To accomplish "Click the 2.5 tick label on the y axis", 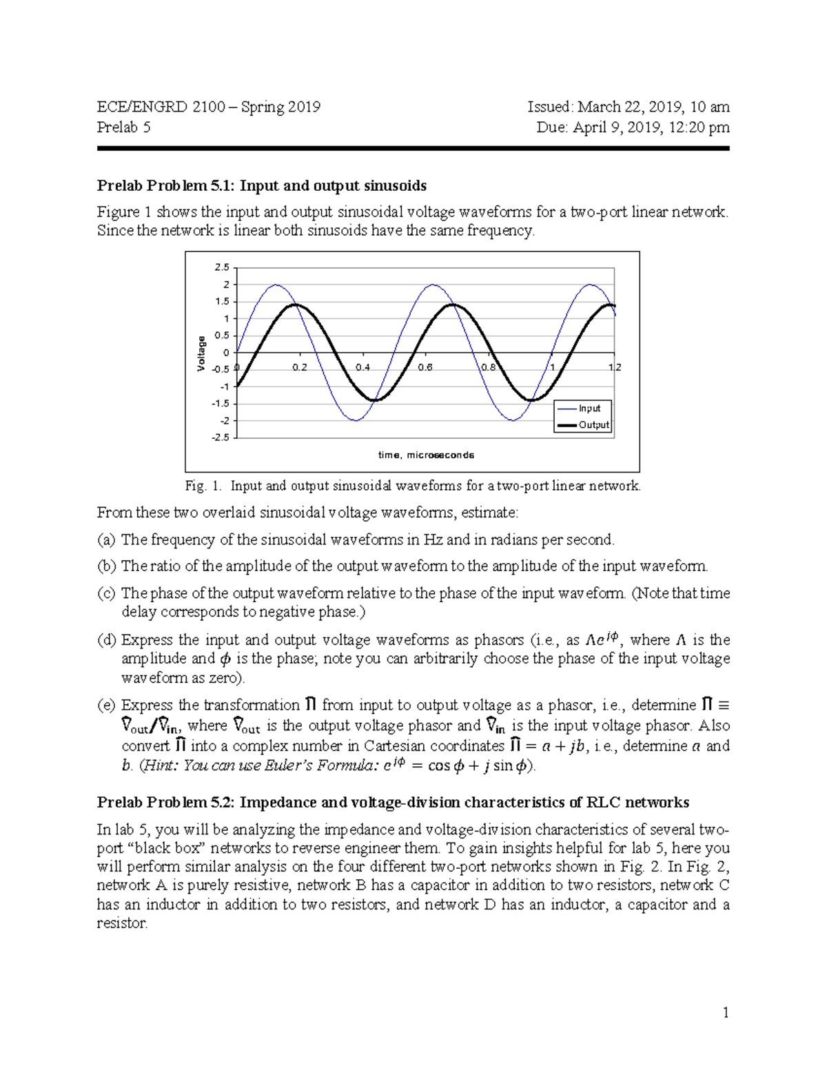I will tap(222, 267).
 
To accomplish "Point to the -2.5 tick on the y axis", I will tap(221, 438).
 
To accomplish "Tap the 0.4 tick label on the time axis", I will tap(363, 367).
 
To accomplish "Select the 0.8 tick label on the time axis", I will tap(488, 367).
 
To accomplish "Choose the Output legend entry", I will tap(593, 425).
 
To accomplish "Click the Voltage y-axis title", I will tap(201, 353).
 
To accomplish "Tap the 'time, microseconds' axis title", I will tap(426, 455).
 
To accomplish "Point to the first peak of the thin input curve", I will tap(276, 285).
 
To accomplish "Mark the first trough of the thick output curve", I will tap(374, 400).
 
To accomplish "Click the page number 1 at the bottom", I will tap(725, 1012).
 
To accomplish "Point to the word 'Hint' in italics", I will tap(161, 765).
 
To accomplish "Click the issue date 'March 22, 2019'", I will tap(629, 107).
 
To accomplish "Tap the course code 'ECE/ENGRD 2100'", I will tap(161, 107).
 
